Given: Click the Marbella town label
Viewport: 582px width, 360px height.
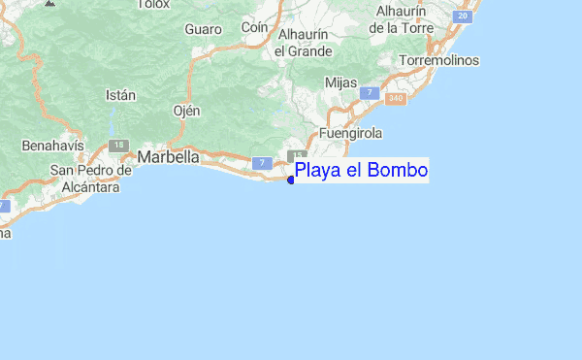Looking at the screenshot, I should [x=169, y=156].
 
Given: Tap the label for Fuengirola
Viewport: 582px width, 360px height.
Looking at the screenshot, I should [x=350, y=133].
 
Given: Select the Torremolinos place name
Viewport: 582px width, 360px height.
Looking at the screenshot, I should [x=439, y=60].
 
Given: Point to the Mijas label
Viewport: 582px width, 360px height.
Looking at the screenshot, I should [x=341, y=83].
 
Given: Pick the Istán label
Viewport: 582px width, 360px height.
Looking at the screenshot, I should [x=119, y=95].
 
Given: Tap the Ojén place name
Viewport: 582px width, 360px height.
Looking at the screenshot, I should [x=185, y=111].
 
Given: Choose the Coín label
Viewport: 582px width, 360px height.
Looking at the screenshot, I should [x=254, y=28].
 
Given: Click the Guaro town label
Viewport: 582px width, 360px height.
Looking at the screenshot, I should [x=204, y=29].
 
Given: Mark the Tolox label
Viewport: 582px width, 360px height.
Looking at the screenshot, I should [x=153, y=4].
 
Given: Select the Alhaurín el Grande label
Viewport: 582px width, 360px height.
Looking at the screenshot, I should [x=304, y=43].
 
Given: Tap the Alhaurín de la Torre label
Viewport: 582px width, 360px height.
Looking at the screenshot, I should [x=405, y=19].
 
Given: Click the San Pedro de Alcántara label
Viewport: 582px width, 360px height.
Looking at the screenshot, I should [x=90, y=179].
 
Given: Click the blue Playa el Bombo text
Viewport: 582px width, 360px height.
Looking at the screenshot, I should [x=361, y=172].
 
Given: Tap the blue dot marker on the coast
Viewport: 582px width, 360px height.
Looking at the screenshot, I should [x=291, y=179].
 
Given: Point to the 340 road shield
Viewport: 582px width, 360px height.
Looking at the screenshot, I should [x=395, y=98].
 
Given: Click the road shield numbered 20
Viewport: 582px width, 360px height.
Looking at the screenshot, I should [x=464, y=16].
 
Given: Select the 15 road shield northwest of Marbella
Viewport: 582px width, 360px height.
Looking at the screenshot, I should [x=118, y=145].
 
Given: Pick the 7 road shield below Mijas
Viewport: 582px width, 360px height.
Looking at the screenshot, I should [x=369, y=92].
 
